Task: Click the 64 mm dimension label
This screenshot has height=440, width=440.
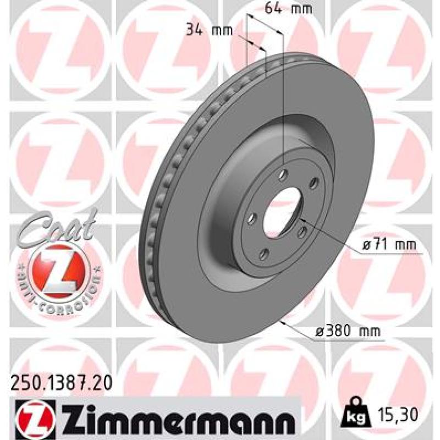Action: coord(288,8)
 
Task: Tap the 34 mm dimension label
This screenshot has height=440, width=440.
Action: coord(210,30)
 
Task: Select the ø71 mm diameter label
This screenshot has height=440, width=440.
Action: coord(389,245)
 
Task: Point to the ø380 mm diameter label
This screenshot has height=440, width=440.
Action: coord(348,332)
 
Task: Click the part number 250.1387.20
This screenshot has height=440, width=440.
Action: coord(61,383)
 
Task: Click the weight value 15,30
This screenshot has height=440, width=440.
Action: coord(398,414)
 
